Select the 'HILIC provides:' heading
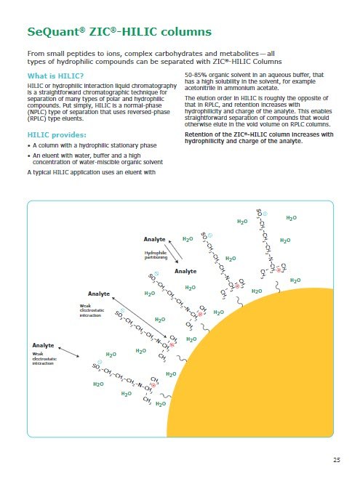57,136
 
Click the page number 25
337,461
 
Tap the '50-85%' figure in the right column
198,75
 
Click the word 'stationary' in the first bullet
131,146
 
